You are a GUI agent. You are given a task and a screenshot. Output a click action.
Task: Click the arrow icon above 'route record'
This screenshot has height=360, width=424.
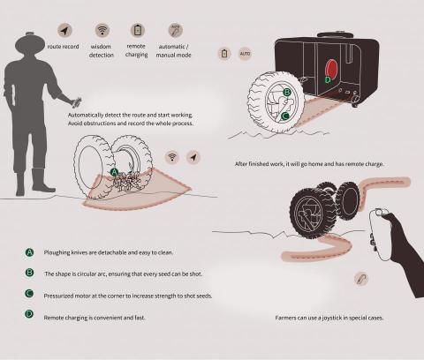[64, 30]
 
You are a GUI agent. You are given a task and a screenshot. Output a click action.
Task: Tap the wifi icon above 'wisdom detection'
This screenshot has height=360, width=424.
[102, 30]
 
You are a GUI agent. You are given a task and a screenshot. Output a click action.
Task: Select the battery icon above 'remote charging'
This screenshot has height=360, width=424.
[138, 30]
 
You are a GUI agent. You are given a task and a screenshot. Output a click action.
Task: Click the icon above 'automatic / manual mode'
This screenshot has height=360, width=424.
[176, 30]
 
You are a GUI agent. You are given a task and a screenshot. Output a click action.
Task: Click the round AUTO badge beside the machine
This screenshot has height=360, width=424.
[245, 54]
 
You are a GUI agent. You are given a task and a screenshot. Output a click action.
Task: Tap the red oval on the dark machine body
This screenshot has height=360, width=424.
[331, 69]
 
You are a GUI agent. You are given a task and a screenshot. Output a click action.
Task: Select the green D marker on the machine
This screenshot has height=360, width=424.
[328, 79]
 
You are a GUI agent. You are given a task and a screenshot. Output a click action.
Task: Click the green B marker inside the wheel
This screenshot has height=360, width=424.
[287, 93]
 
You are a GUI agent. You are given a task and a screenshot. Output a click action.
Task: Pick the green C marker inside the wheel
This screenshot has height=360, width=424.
[284, 116]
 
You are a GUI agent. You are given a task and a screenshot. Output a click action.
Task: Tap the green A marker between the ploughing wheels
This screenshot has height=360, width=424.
[114, 172]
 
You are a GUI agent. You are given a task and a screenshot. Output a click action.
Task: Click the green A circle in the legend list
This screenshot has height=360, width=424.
[29, 252]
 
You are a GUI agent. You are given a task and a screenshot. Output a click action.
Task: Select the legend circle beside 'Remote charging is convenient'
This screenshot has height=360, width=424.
[29, 314]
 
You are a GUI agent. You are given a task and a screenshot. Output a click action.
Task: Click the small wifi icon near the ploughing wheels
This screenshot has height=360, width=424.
[172, 157]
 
